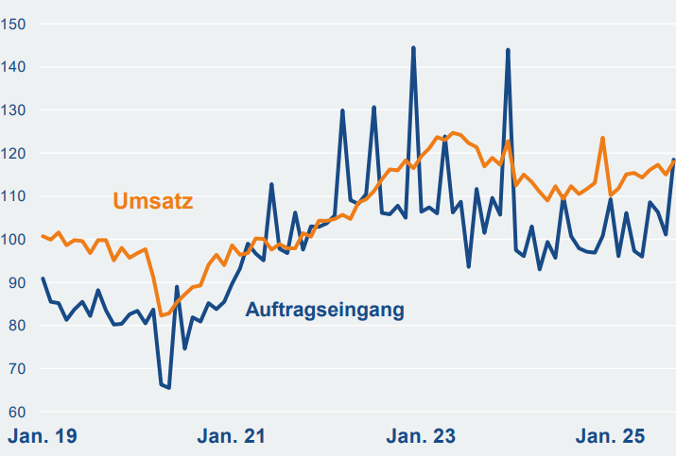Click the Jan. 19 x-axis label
pos(43,436)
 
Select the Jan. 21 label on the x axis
pos(233,436)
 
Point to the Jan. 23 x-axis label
pos(422,436)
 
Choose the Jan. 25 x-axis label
pos(611,436)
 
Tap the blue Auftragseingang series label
pos(324,310)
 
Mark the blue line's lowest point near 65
pos(168,387)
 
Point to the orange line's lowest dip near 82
pos(161,314)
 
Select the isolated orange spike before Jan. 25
pos(602,138)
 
